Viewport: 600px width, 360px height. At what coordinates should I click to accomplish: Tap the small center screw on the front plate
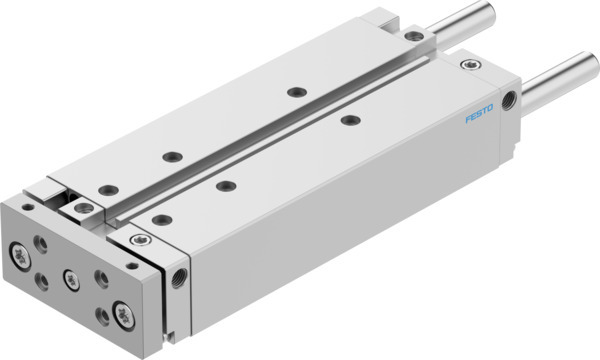(71, 277)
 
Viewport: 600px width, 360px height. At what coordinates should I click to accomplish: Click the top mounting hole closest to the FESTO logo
(349, 120)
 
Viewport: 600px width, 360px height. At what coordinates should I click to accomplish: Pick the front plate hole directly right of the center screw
(100, 277)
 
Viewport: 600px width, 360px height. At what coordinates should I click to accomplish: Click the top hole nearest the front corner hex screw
(161, 219)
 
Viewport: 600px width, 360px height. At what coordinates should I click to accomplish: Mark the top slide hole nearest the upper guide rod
(296, 91)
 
